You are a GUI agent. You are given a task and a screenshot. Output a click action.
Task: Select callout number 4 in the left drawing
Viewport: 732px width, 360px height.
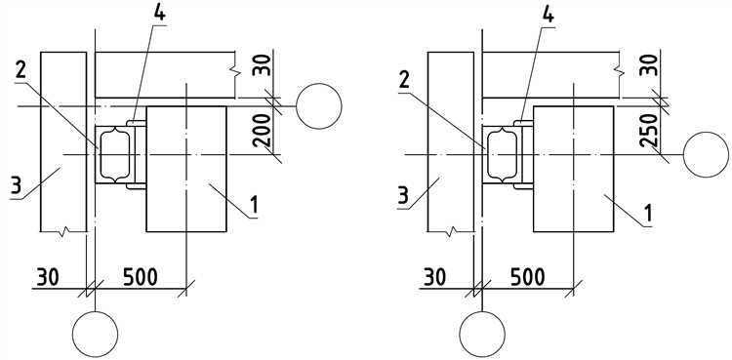(160, 14)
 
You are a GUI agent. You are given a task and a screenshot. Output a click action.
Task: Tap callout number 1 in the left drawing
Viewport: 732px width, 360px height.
(254, 206)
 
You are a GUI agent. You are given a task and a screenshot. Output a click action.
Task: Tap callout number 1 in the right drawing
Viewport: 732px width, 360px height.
(648, 213)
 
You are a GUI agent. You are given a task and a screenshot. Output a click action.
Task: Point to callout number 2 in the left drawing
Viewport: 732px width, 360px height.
(20, 70)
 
